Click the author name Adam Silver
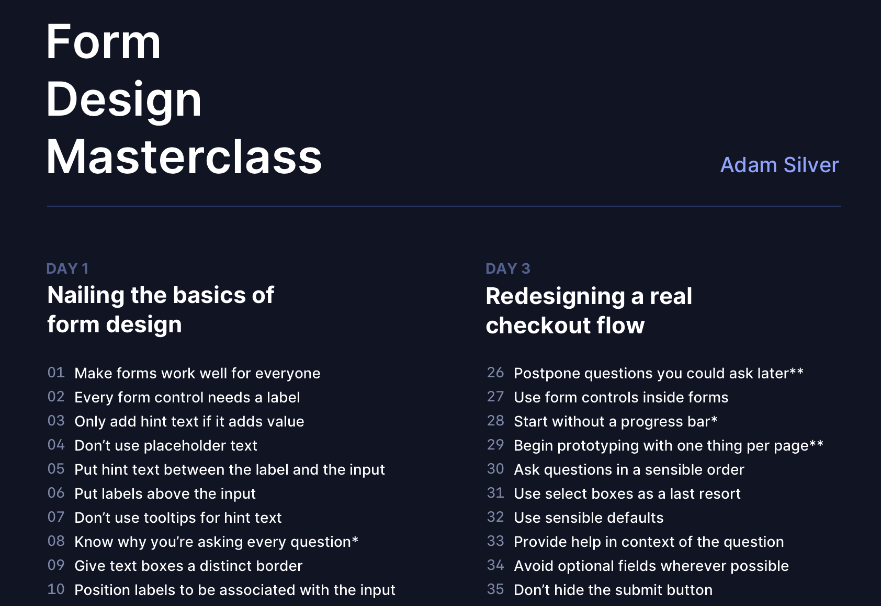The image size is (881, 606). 779,165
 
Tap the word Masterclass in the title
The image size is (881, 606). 184,157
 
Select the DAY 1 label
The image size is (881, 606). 67,268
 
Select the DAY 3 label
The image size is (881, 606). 507,268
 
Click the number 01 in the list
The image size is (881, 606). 56,373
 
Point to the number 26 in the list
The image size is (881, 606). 495,373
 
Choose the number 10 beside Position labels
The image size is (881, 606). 56,589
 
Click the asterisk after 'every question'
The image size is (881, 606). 355,540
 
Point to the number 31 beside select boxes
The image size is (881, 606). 495,493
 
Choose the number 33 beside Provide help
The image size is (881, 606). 495,541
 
